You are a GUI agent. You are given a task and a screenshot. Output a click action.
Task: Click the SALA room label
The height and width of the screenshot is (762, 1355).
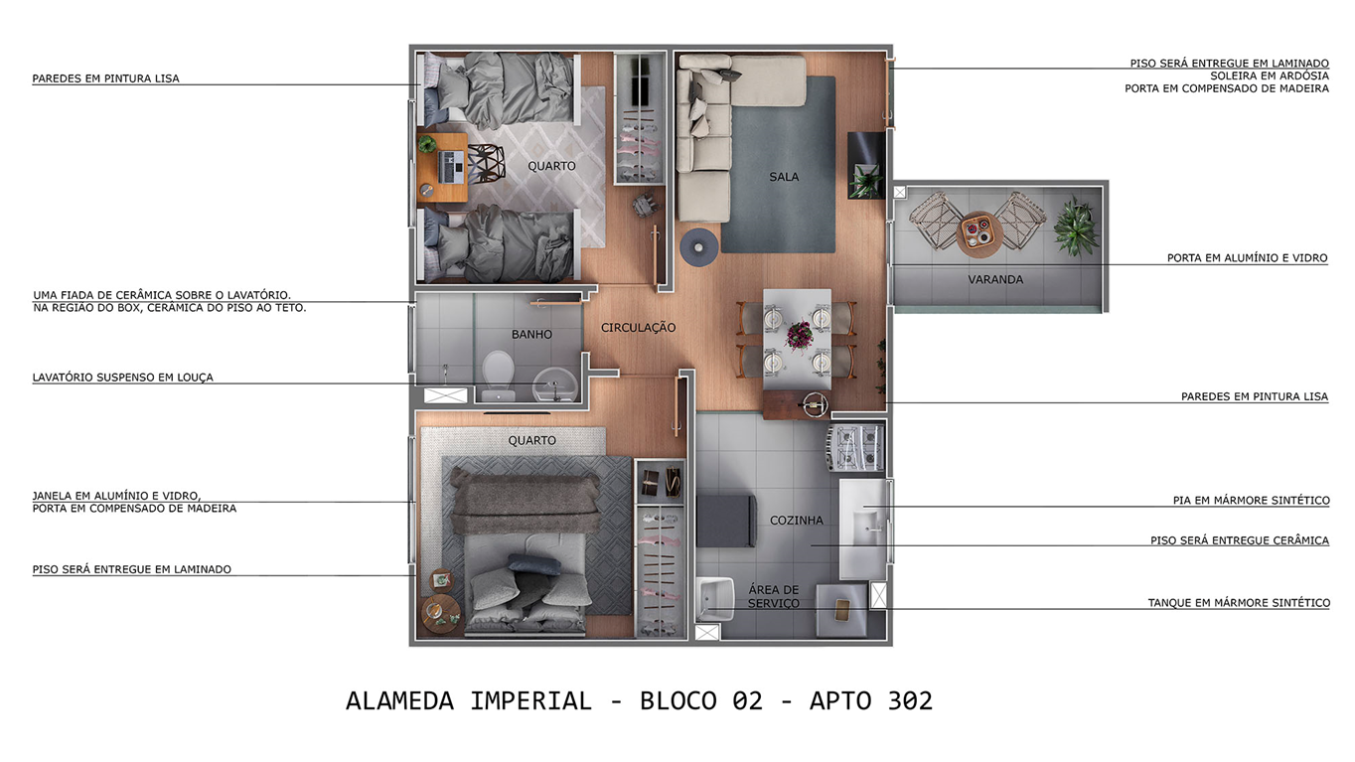784,177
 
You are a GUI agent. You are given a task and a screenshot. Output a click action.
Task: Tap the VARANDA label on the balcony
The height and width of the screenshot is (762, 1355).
994,279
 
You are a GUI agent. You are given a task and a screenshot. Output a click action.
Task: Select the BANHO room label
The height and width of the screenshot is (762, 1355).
531,335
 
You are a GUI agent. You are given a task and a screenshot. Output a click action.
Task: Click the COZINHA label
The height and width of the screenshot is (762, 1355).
796,521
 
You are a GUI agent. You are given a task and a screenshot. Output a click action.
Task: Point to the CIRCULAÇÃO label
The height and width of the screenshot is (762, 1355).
638,328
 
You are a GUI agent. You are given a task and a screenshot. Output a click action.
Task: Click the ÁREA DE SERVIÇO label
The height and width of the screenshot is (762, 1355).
773,596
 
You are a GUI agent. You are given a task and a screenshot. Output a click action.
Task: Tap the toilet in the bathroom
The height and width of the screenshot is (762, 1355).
497,374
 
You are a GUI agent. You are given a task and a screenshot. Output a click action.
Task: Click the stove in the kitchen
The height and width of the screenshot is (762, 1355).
855,447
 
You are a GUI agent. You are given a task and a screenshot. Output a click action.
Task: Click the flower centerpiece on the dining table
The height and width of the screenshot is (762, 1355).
799,334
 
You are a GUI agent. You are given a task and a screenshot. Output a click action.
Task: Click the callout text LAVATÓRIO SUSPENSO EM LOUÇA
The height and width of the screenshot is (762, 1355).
122,378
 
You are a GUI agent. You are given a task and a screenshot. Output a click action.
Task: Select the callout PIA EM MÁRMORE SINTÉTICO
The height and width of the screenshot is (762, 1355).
1251,501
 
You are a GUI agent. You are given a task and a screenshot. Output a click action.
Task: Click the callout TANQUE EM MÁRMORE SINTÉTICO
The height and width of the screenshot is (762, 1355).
1238,603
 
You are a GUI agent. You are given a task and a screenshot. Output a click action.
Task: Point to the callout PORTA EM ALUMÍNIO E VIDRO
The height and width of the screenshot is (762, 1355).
1247,258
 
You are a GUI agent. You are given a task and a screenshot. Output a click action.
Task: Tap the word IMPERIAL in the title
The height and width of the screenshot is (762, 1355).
530,701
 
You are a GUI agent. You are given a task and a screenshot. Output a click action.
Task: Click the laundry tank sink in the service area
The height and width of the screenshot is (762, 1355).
714,599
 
